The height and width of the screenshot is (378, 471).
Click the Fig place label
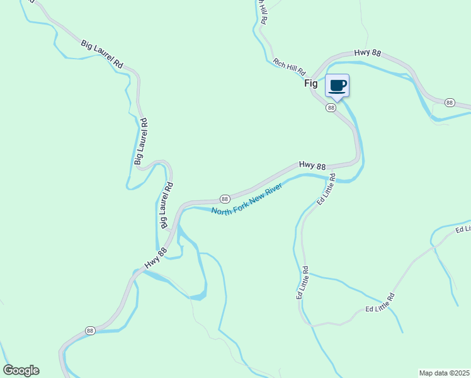click(312, 83)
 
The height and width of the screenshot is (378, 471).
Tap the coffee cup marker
click(337, 86)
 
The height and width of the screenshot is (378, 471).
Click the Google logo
click(21, 370)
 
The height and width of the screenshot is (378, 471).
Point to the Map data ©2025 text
click(445, 373)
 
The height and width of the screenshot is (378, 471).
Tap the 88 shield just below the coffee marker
click(331, 108)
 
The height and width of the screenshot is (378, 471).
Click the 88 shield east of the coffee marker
click(449, 102)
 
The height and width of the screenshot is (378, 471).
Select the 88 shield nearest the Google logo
click(90, 331)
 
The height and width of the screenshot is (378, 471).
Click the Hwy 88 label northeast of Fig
click(367, 54)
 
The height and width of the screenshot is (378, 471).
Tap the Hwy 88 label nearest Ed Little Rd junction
click(312, 166)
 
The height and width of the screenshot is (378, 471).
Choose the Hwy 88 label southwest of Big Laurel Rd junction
click(155, 258)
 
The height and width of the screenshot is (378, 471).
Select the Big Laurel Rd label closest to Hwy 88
click(166, 205)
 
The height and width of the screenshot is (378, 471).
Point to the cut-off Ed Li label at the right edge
click(463, 229)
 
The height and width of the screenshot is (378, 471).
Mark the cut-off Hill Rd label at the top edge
click(262, 13)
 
